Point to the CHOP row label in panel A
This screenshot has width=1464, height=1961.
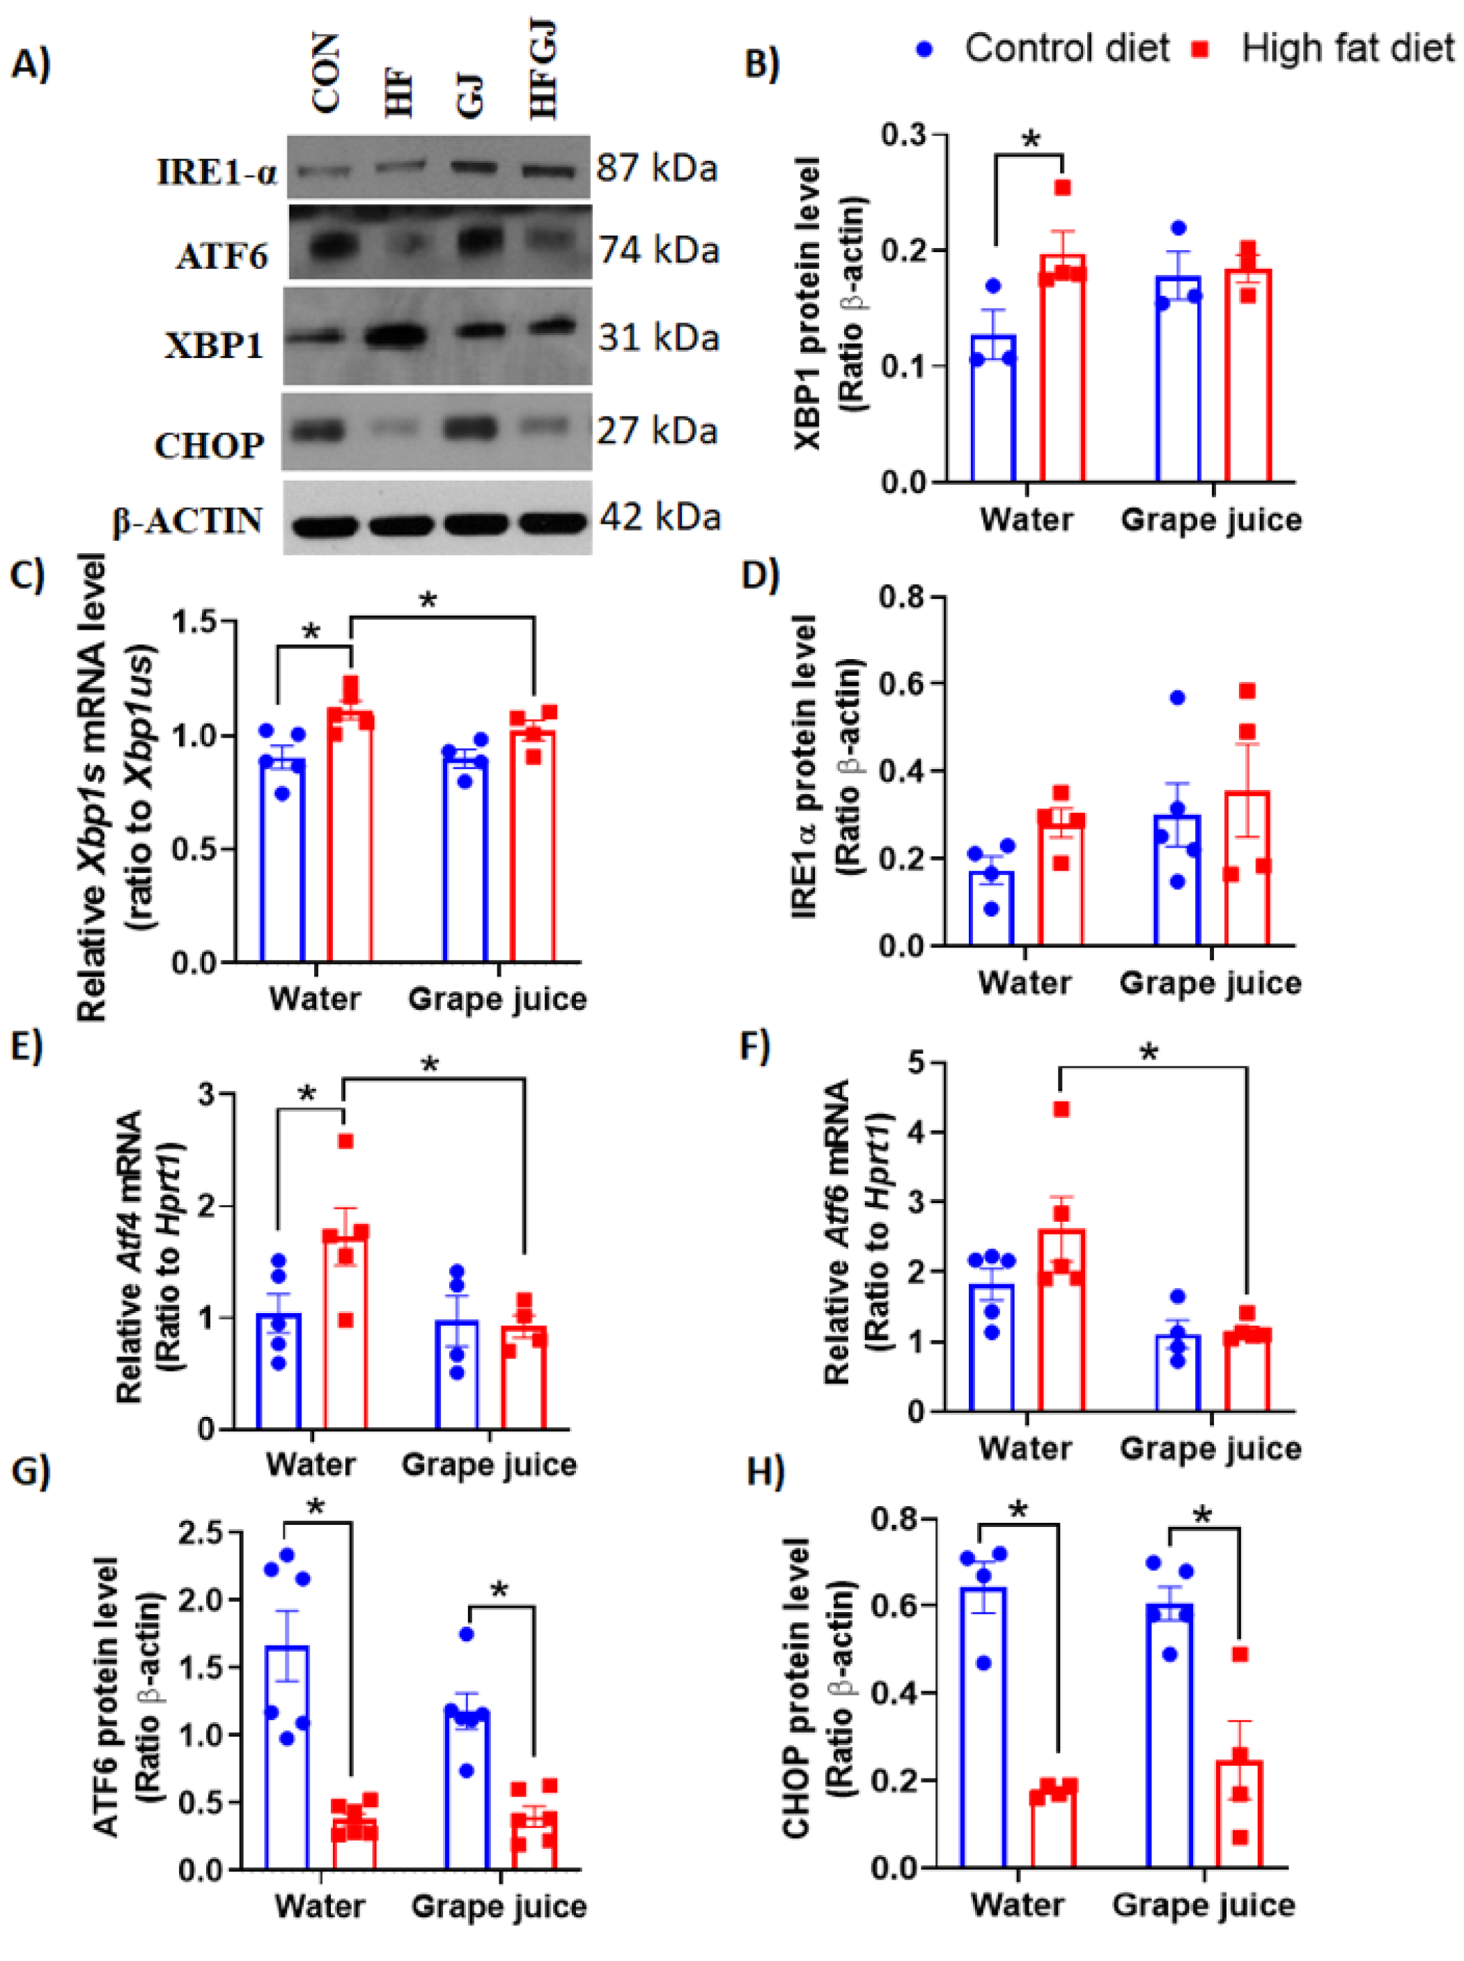coord(209,445)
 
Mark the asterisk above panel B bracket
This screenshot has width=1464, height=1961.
coord(1031,140)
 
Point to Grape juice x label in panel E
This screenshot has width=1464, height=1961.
coord(488,1464)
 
